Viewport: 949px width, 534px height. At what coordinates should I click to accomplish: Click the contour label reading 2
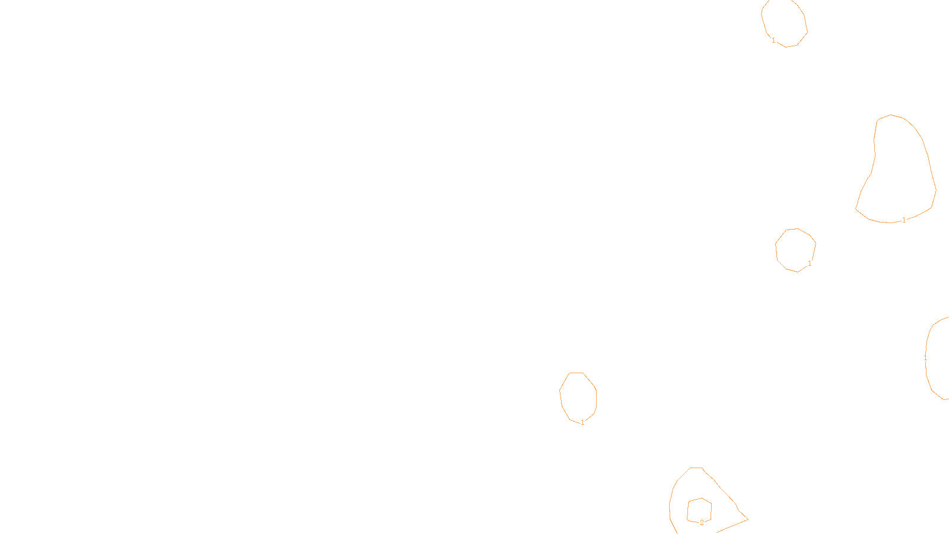coord(702,523)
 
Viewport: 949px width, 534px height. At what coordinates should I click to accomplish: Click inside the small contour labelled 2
coord(699,510)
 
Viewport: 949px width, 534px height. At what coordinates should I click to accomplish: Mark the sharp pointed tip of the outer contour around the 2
coord(747,520)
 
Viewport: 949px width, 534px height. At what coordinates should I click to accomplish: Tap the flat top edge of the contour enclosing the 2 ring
coord(696,468)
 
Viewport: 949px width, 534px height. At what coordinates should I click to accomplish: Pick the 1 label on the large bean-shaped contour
coord(904,220)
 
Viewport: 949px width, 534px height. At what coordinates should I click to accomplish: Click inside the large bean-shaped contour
coord(899,172)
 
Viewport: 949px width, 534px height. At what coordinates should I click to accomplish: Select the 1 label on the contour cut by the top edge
coord(773,40)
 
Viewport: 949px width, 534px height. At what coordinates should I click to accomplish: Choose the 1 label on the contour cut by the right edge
coord(925,358)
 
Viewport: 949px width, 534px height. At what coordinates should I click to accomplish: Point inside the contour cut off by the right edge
coord(939,359)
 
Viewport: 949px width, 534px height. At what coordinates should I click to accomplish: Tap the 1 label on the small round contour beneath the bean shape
coord(810,263)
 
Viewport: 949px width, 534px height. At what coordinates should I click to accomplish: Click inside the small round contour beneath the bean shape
coord(795,250)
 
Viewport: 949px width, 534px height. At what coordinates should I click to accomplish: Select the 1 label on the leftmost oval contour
coord(582,422)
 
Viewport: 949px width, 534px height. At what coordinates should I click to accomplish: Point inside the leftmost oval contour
coord(578,396)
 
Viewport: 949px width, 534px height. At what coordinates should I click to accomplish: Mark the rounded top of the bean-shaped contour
coord(891,115)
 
